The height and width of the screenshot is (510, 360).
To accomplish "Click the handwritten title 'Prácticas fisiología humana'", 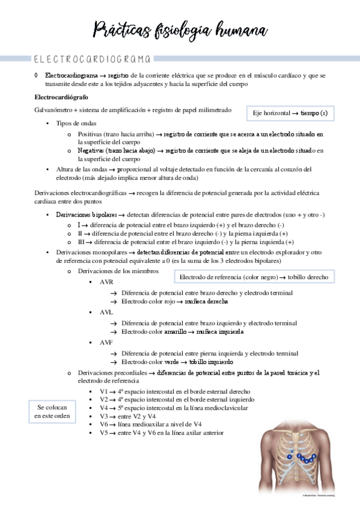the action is tap(180, 29).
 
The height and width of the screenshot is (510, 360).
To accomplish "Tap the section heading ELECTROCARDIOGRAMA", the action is tap(90, 60).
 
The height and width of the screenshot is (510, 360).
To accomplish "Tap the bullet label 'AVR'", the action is tap(106, 281).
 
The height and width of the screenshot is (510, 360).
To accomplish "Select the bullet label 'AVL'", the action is tap(106, 312).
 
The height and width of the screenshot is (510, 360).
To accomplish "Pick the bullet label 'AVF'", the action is tap(106, 342).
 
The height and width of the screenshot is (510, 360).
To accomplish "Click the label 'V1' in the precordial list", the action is tap(104, 391).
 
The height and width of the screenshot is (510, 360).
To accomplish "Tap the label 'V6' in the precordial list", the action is tap(104, 424).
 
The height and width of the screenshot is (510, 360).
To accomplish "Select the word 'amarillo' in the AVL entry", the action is tap(177, 331).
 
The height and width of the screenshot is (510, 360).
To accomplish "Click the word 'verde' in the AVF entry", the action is tap(172, 363).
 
